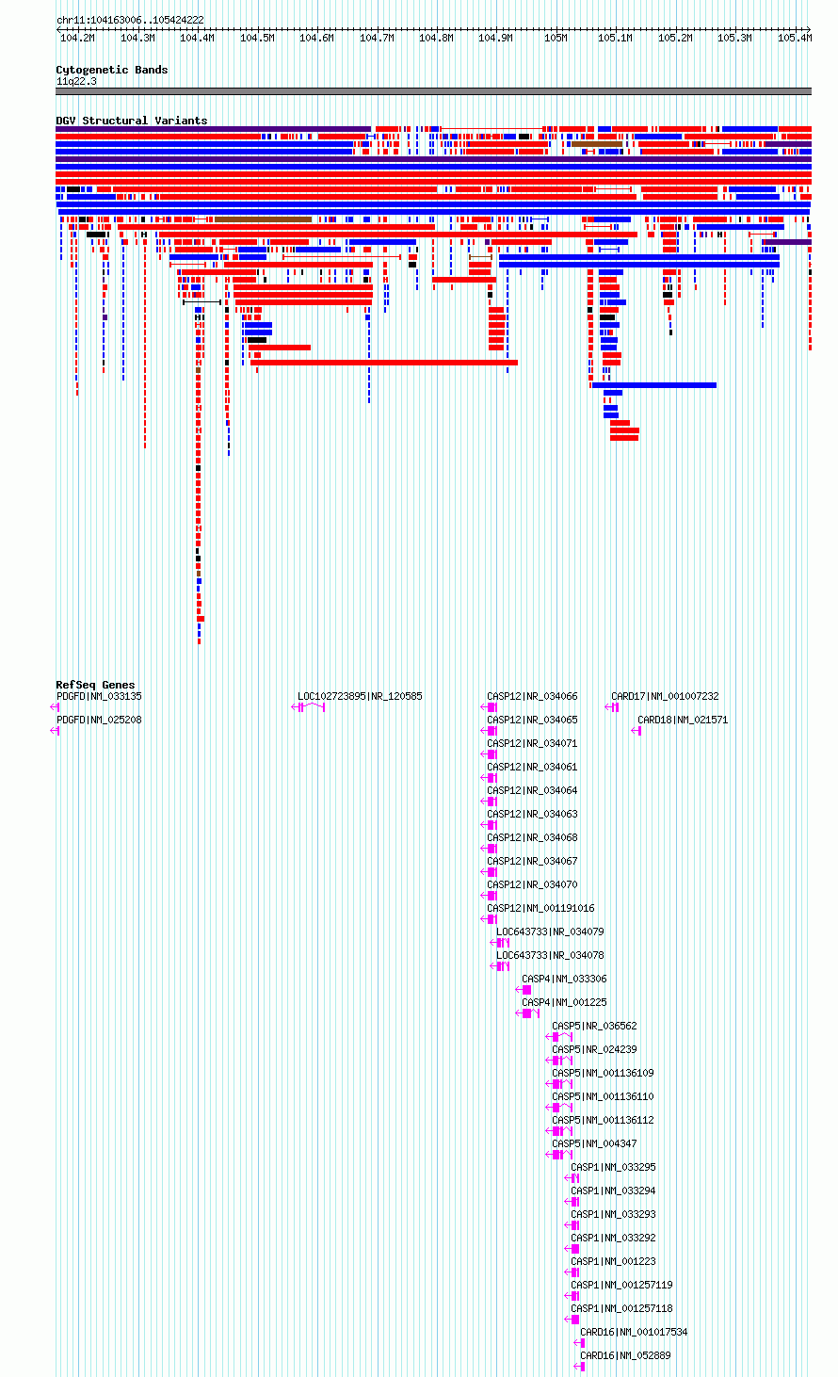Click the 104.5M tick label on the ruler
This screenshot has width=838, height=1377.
click(257, 38)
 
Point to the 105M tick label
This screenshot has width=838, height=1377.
click(556, 38)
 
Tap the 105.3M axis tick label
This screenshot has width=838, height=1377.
click(734, 38)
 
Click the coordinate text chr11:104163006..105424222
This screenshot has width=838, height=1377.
click(130, 21)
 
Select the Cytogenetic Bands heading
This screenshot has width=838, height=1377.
click(112, 70)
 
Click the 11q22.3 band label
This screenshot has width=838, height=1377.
click(76, 81)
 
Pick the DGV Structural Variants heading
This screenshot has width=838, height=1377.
click(132, 121)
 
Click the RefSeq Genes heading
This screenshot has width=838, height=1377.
click(95, 685)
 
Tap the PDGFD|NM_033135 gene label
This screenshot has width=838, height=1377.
click(99, 696)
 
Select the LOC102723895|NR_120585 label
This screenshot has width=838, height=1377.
click(360, 696)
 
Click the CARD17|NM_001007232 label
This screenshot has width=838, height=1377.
click(665, 696)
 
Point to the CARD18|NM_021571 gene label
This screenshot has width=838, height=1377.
click(683, 720)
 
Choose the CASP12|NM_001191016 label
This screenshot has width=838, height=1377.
click(540, 908)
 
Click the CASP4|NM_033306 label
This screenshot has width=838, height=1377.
click(564, 979)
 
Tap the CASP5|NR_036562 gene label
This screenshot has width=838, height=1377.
click(594, 1026)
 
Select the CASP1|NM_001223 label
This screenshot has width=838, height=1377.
click(613, 1261)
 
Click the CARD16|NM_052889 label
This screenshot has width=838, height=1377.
click(625, 1355)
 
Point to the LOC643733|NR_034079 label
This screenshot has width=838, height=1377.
click(550, 931)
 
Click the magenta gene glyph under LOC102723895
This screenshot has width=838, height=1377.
click(308, 707)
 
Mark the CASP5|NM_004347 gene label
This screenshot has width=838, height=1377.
click(594, 1143)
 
